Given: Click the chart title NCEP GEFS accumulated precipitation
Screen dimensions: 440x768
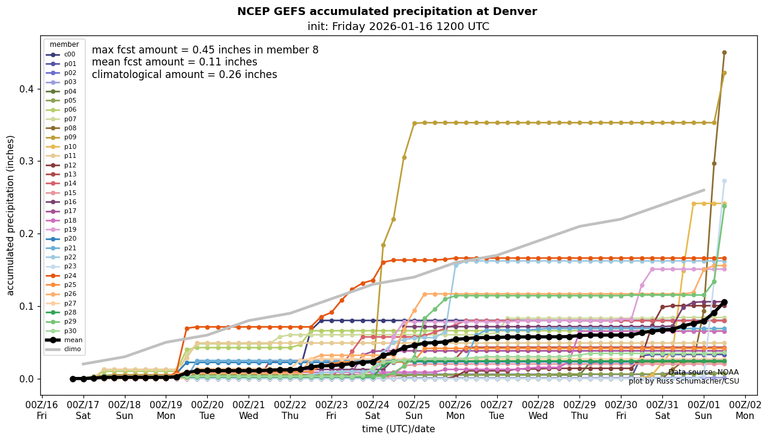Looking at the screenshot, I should tap(387, 11).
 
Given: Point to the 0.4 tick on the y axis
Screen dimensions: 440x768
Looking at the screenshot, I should tap(26, 89).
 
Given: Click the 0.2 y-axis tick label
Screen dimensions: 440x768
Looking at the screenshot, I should tap(26, 234).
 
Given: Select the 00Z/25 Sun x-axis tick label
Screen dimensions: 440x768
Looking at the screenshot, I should tap(414, 409).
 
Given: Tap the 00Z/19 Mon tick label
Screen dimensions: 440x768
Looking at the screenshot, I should tap(166, 409).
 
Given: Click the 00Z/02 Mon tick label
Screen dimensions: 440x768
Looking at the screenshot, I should tap(745, 409).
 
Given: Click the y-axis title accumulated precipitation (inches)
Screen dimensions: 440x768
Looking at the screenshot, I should tap(11, 215).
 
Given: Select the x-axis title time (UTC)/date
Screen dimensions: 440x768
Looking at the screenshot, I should tap(398, 429).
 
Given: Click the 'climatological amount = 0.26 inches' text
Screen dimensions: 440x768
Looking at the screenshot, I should tap(184, 74).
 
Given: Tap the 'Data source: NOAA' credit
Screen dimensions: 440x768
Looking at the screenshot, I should tap(703, 372).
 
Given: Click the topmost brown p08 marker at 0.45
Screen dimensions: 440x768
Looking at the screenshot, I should tap(724, 52).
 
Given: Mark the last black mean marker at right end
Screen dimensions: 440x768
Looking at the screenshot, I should tap(724, 302).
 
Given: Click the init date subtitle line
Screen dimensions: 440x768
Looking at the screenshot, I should tap(398, 26).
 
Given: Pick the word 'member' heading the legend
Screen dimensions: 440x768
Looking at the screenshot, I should tap(64, 44).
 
